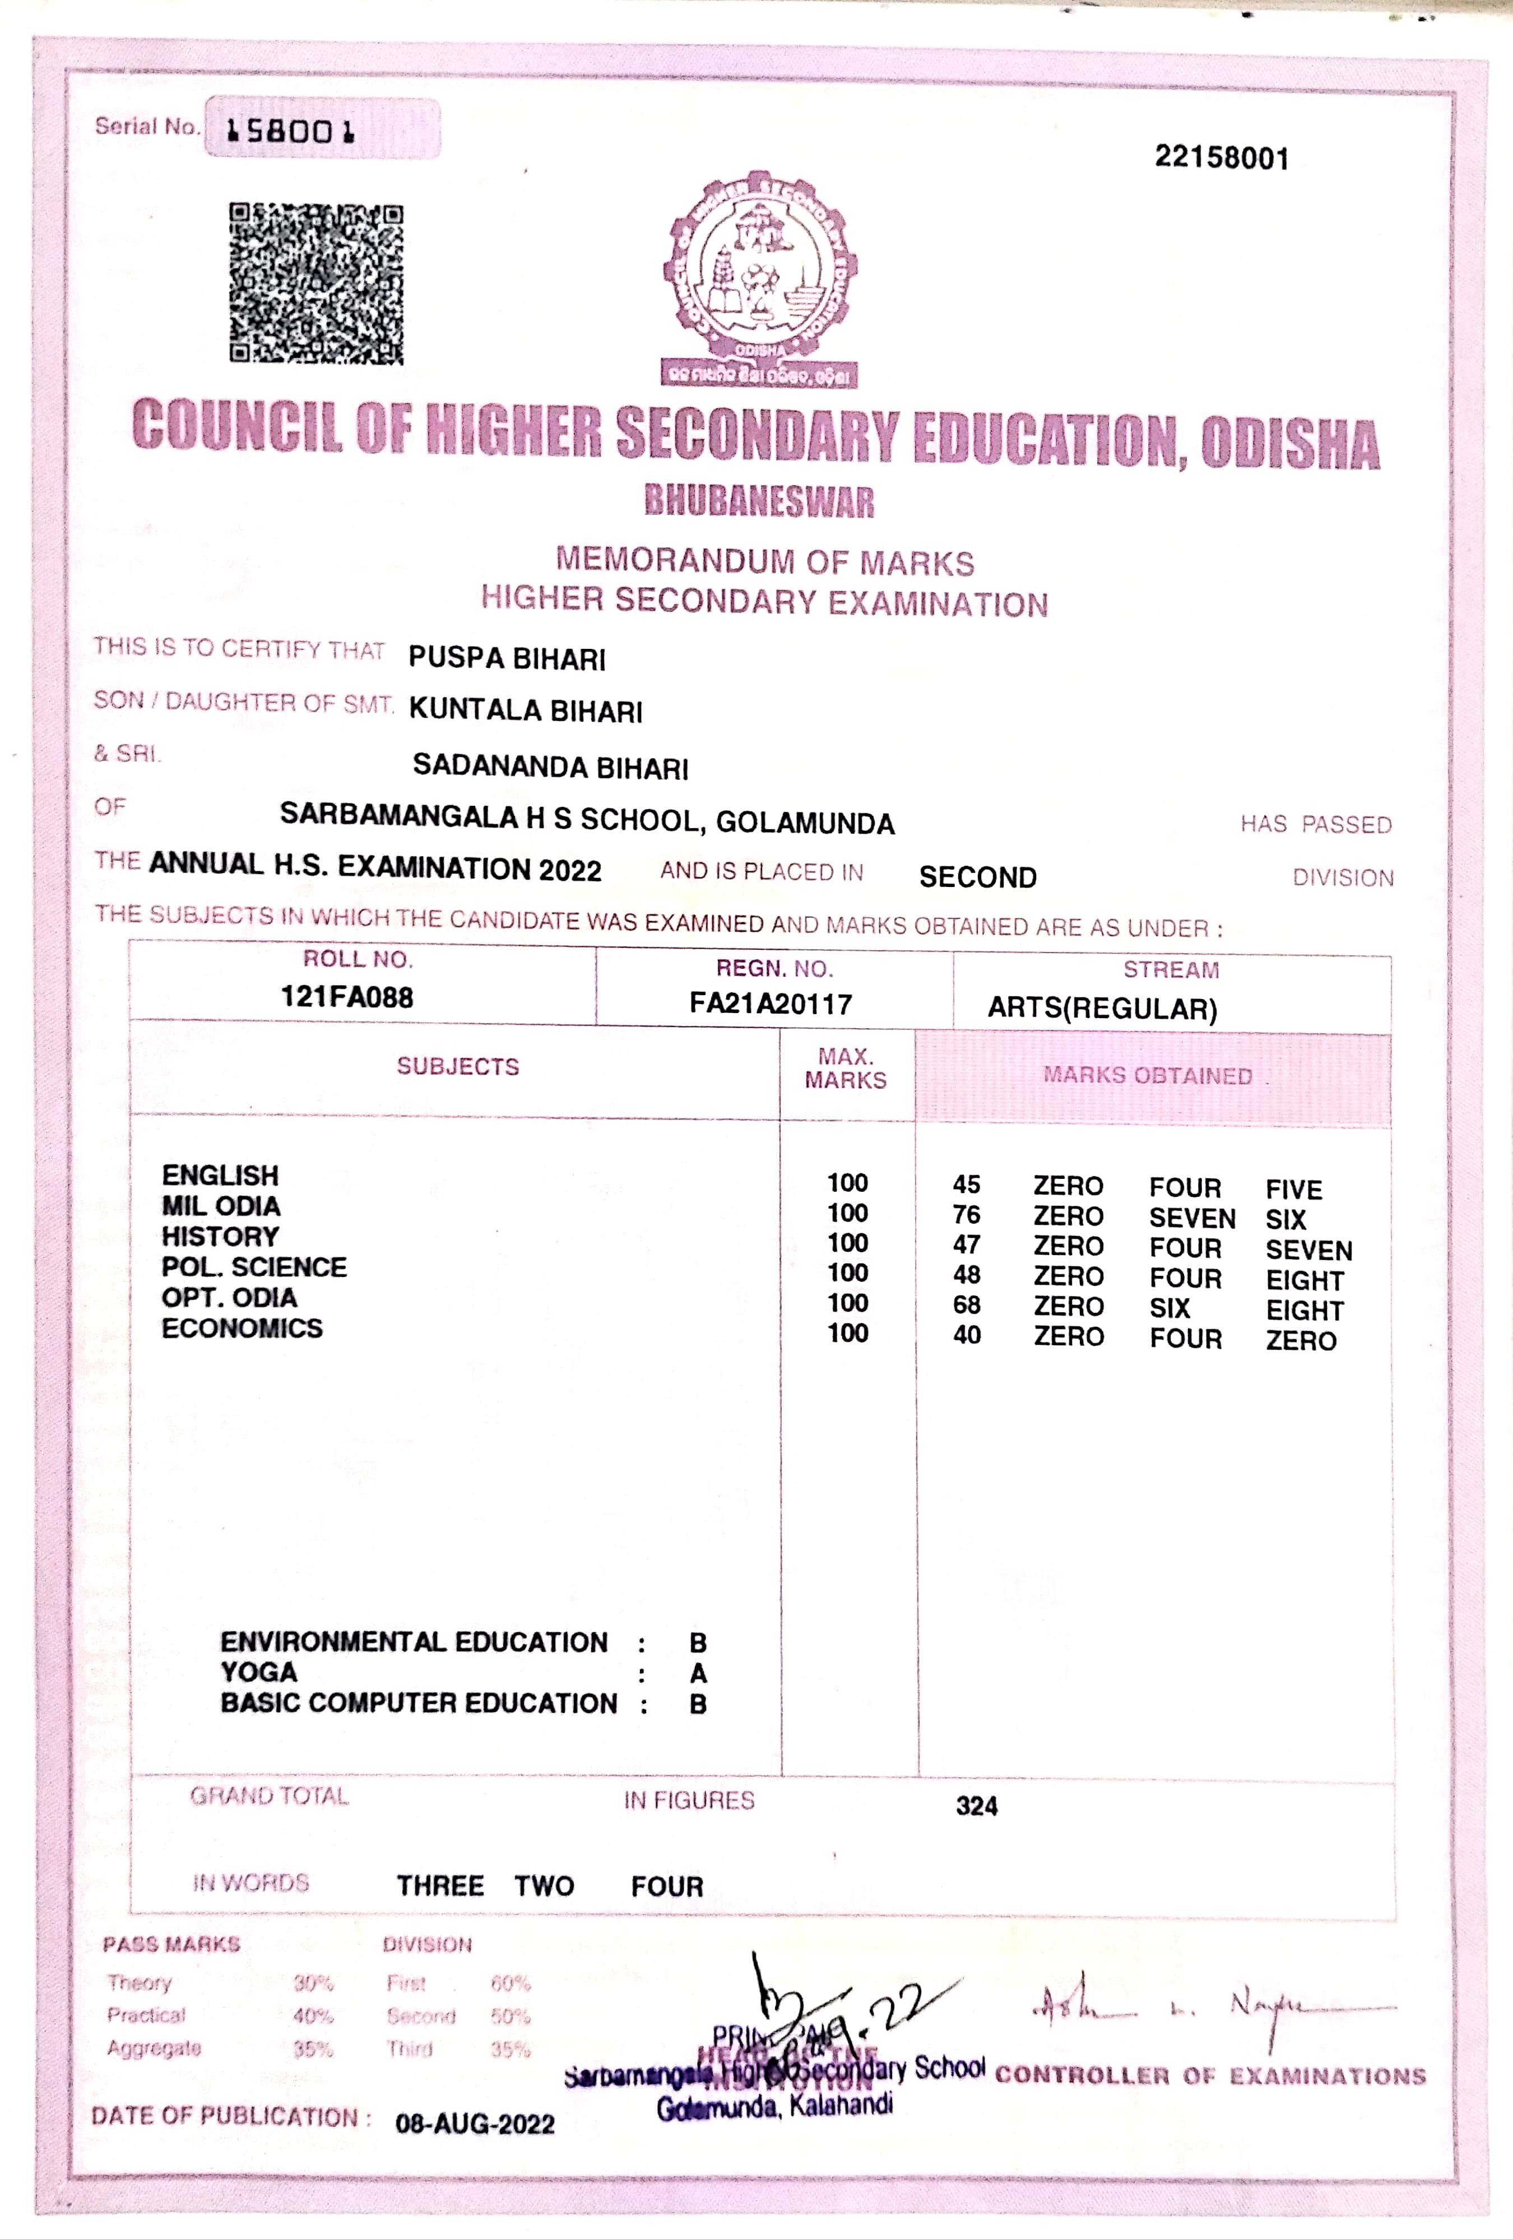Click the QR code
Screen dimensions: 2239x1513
point(316,284)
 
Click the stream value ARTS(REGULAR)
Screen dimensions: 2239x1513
point(1102,1009)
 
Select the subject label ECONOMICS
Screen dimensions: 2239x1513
point(242,1328)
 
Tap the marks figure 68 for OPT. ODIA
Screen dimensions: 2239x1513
point(967,1306)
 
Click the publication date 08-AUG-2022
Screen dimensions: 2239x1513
point(475,2124)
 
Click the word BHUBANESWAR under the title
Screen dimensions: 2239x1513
point(759,501)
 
